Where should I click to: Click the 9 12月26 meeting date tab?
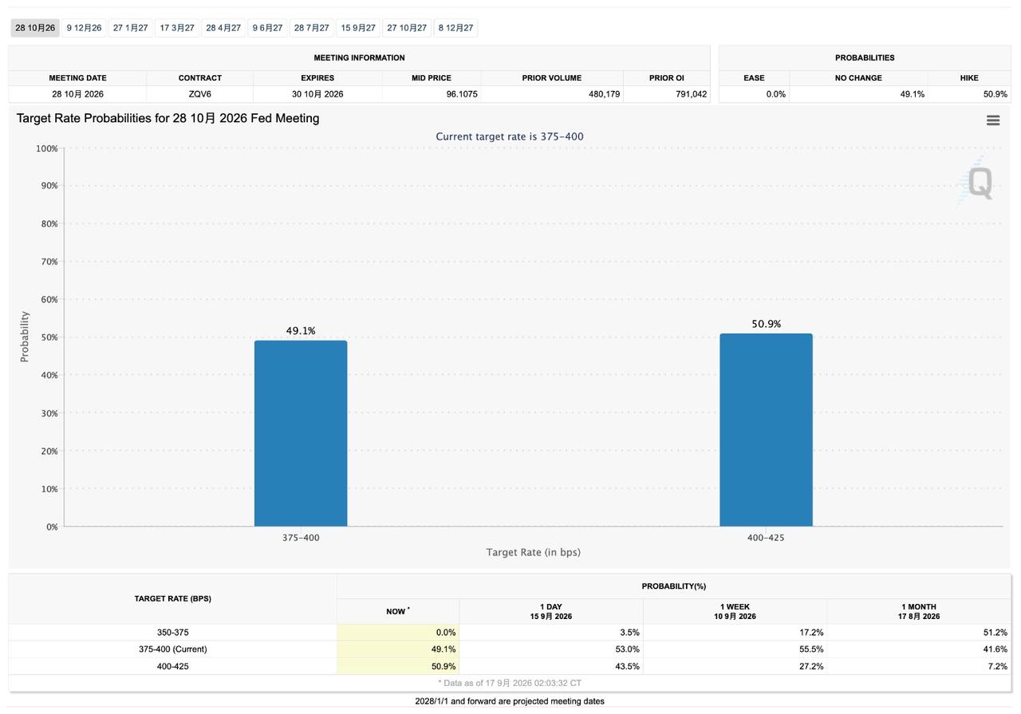tap(84, 28)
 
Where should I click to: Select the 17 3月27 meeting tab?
tap(177, 28)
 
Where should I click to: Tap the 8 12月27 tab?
tap(455, 28)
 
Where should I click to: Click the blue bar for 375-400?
tap(301, 433)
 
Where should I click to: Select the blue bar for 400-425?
tap(767, 430)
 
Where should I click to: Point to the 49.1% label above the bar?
tap(301, 330)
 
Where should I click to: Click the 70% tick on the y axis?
tap(49, 262)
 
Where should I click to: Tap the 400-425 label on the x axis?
tap(766, 538)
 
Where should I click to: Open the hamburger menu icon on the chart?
tap(993, 120)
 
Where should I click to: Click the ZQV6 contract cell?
tap(199, 94)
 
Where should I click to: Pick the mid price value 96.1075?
tap(462, 94)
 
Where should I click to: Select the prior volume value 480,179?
tap(604, 94)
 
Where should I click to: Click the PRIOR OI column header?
tap(666, 78)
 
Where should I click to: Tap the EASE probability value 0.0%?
tap(776, 94)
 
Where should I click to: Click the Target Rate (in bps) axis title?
tap(534, 552)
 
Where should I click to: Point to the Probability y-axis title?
tap(24, 337)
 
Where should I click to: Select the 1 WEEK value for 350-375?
tap(811, 633)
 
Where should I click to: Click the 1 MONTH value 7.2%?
tap(997, 666)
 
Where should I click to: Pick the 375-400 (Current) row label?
tap(173, 649)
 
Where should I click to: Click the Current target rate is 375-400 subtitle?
tap(510, 136)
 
